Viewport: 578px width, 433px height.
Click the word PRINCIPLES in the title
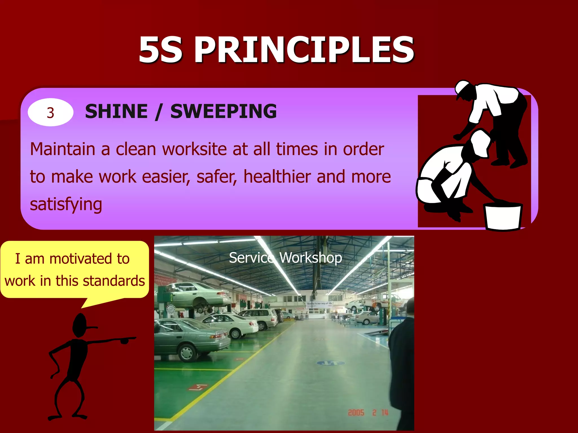(x=304, y=50)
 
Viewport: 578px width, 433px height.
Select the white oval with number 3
(x=51, y=112)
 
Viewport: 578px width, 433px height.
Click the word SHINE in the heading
(x=116, y=111)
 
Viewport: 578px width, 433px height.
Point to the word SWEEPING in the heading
(x=224, y=111)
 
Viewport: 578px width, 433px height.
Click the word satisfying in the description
(x=66, y=204)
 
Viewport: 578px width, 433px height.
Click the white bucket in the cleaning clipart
(x=503, y=216)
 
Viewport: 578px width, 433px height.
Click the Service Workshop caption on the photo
(x=285, y=258)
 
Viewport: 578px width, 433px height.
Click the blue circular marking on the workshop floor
(x=331, y=363)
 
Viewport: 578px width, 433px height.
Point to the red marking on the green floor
(x=198, y=387)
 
